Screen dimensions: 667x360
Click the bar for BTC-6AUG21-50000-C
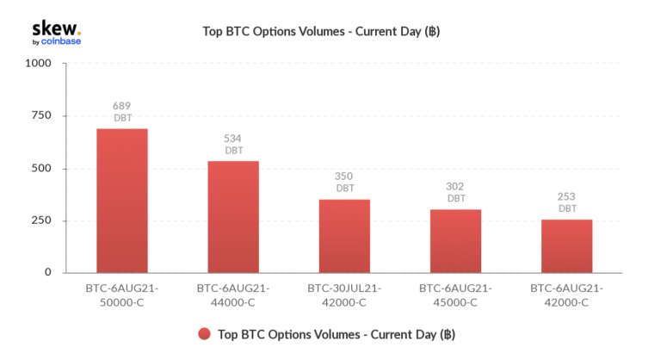(x=122, y=201)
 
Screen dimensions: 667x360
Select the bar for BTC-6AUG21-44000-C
(x=233, y=216)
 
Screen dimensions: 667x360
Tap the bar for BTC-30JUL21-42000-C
(x=344, y=236)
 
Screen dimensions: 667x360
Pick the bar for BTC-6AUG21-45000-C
(x=455, y=241)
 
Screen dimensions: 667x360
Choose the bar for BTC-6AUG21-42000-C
(x=566, y=246)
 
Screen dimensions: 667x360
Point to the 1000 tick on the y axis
(x=38, y=64)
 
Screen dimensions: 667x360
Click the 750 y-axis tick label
(x=41, y=115)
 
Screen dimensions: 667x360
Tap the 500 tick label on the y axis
(x=41, y=169)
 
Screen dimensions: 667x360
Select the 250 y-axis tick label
(x=41, y=220)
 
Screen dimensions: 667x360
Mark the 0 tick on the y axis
(x=48, y=272)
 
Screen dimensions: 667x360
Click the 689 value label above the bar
(x=121, y=106)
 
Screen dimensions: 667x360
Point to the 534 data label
(x=232, y=139)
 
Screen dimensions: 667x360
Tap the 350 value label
(x=343, y=177)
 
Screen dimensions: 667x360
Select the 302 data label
(x=454, y=186)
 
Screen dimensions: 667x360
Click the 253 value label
(x=566, y=196)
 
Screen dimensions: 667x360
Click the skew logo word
(x=57, y=29)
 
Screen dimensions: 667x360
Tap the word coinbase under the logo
(x=61, y=41)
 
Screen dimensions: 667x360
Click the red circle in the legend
(x=204, y=334)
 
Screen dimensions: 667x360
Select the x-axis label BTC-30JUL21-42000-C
(x=344, y=295)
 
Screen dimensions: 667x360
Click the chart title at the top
(x=321, y=32)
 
